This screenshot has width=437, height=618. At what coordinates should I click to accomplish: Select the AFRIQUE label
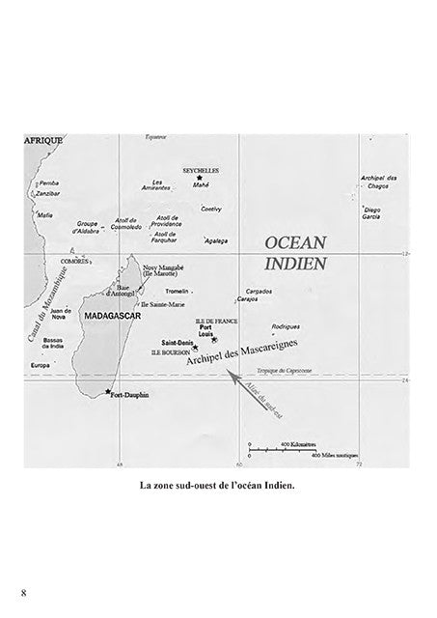click(42, 140)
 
